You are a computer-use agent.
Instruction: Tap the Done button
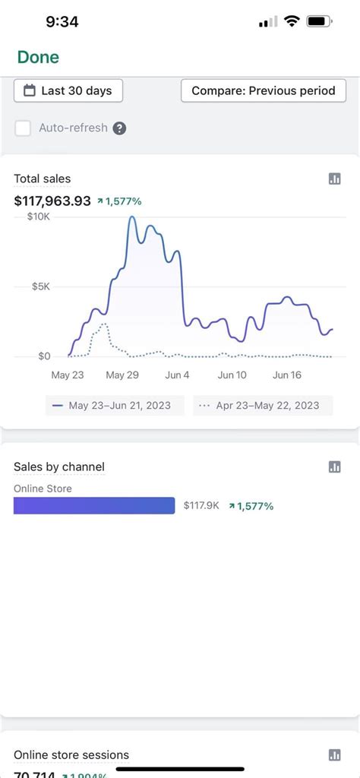pyautogui.click(x=38, y=57)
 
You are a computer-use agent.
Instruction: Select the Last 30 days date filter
pyautogui.click(x=68, y=90)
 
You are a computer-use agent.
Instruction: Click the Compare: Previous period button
pyautogui.click(x=263, y=90)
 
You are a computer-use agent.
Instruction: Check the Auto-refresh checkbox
pyautogui.click(x=23, y=128)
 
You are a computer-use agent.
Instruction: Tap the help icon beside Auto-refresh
pyautogui.click(x=119, y=128)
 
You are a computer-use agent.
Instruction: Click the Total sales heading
pyautogui.click(x=43, y=179)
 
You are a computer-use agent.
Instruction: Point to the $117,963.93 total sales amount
pyautogui.click(x=52, y=201)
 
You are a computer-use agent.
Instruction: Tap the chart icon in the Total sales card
pyautogui.click(x=334, y=179)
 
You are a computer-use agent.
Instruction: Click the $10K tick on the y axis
pyautogui.click(x=39, y=217)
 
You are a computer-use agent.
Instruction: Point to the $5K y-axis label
pyautogui.click(x=41, y=286)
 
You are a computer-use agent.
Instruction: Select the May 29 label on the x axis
pyautogui.click(x=122, y=375)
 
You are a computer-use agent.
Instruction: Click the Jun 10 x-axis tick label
pyautogui.click(x=232, y=375)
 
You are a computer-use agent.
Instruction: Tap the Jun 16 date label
pyautogui.click(x=287, y=375)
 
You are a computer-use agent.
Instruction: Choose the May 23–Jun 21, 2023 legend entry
pyautogui.click(x=113, y=406)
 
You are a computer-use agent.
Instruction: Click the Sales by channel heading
pyautogui.click(x=59, y=466)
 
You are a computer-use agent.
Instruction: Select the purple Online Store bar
pyautogui.click(x=94, y=505)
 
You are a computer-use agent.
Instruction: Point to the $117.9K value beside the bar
pyautogui.click(x=201, y=506)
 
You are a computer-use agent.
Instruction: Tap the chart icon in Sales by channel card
pyautogui.click(x=334, y=466)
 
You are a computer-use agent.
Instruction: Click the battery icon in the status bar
pyautogui.click(x=319, y=22)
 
